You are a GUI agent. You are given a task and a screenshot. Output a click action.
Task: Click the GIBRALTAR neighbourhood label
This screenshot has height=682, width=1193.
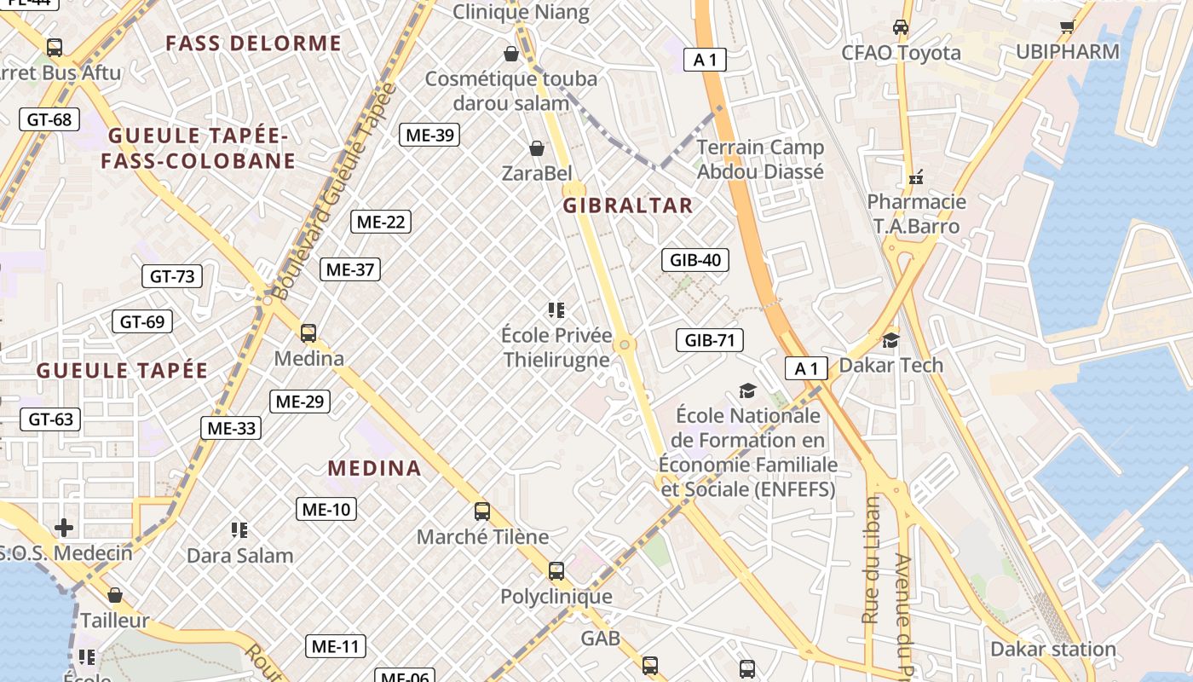[627, 205]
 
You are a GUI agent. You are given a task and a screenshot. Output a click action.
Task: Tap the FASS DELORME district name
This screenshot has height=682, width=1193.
[254, 43]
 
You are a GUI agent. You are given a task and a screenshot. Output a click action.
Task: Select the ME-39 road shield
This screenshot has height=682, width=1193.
[430, 135]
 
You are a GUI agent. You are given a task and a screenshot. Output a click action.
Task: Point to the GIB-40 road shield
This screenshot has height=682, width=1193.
[695, 260]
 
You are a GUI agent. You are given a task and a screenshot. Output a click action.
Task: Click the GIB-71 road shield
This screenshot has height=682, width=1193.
[710, 341]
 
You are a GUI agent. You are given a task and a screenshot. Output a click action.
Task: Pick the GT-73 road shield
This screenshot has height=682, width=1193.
[172, 276]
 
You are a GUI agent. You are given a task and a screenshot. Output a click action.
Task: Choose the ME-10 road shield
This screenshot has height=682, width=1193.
[326, 510]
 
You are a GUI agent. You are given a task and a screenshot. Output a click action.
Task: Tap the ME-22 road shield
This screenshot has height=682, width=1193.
[381, 223]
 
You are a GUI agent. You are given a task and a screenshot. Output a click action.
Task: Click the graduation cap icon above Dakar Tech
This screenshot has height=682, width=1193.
[890, 341]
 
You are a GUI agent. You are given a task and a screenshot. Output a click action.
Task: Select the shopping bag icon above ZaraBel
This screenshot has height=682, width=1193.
[537, 149]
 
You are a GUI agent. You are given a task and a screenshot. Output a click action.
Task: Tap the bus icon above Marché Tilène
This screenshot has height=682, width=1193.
[482, 511]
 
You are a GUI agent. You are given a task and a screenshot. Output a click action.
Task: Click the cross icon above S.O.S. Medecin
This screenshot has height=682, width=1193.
[64, 528]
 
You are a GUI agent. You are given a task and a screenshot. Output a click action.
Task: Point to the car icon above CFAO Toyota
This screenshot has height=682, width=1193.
[900, 27]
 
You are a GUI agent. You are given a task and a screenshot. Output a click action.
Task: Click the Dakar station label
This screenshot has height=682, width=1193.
[1052, 650]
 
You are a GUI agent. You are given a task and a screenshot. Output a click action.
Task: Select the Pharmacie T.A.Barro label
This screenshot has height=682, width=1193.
[916, 214]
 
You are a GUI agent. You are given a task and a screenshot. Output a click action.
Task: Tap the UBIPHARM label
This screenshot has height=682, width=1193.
[1067, 52]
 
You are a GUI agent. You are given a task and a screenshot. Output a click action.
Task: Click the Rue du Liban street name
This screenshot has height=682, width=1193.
[870, 558]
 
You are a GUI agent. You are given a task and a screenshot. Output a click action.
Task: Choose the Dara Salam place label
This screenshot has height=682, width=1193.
[240, 556]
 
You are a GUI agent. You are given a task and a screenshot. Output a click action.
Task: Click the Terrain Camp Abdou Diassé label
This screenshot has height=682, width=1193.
[760, 159]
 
